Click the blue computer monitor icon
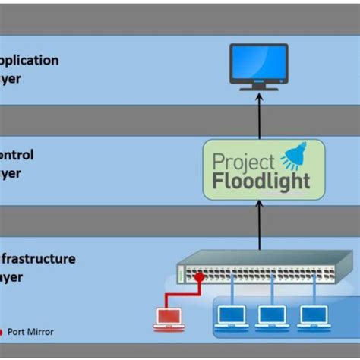click(x=259, y=65)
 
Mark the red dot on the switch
click(x=200, y=278)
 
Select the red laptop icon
click(x=169, y=318)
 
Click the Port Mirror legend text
click(x=29, y=332)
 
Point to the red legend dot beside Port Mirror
click(x=2, y=332)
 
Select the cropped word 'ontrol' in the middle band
click(x=17, y=155)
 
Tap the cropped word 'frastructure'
click(x=38, y=259)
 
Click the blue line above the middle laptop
click(x=271, y=294)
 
